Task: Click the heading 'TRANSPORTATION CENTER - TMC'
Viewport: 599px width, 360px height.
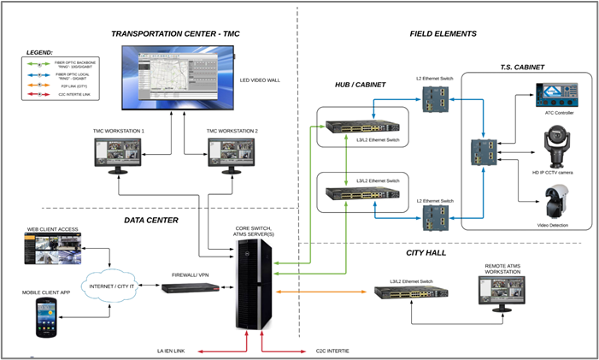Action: tap(177, 34)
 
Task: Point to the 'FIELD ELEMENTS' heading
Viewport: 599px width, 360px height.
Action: tap(443, 34)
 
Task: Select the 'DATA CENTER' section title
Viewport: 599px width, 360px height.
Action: tap(150, 220)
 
